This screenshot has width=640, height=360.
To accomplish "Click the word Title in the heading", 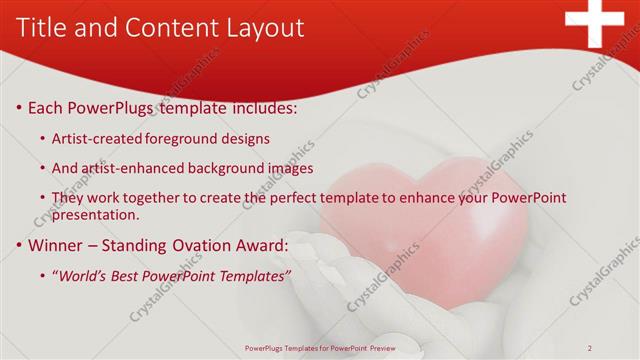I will point(42,28).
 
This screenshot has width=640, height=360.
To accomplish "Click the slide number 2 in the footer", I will point(590,348).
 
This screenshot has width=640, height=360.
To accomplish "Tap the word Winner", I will point(56,245).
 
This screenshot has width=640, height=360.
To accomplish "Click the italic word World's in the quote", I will point(84,276).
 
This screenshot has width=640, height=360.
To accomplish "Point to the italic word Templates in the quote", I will point(255,276).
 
